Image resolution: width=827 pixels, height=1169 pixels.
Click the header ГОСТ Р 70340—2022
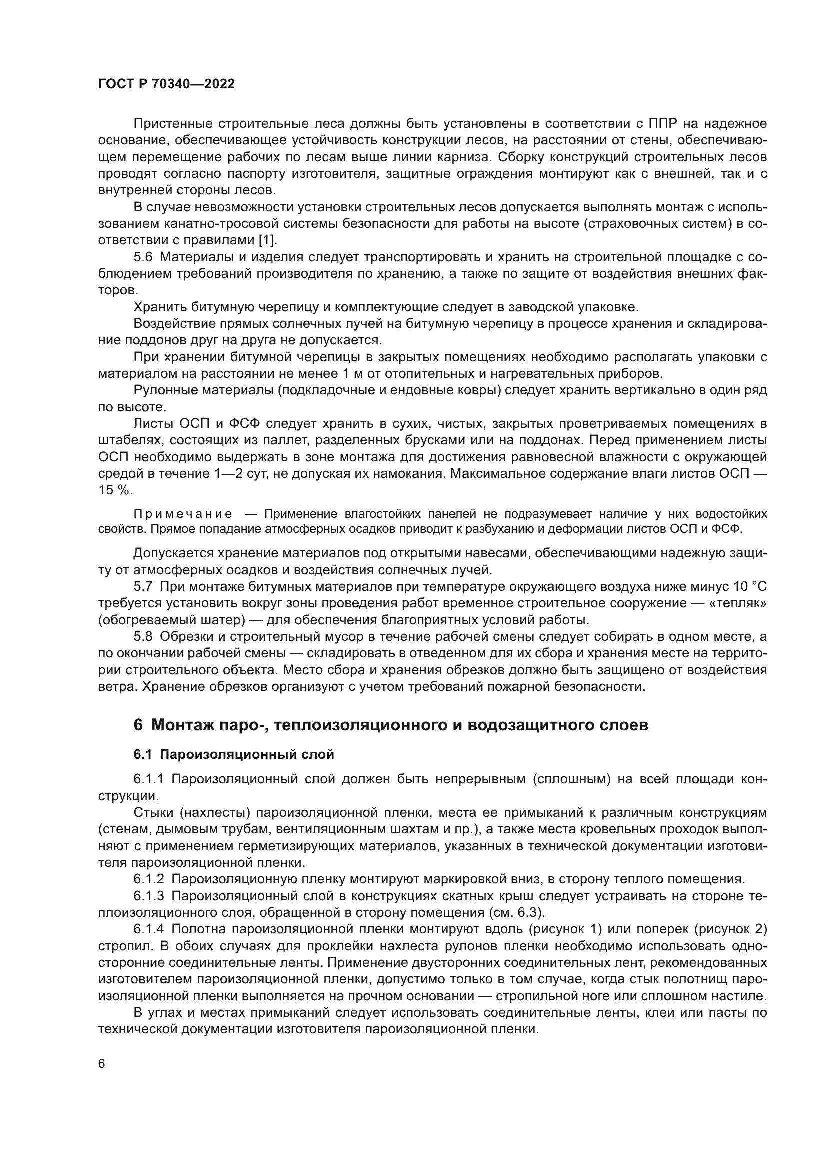(x=166, y=84)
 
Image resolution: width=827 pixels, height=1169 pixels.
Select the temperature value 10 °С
(x=749, y=587)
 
